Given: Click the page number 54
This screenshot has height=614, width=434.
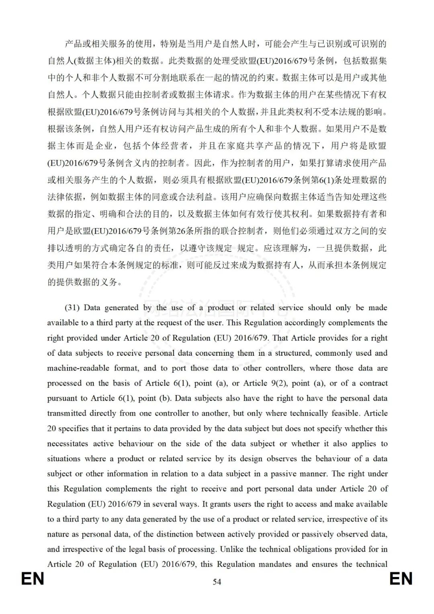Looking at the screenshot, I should (217, 581).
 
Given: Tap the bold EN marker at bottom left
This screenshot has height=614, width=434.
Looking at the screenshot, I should (33, 579).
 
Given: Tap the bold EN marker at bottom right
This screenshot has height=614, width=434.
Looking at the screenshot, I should (401, 579).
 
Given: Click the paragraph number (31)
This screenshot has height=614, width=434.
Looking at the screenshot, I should (72, 308).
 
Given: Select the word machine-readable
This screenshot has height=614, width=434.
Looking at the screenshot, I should (78, 368).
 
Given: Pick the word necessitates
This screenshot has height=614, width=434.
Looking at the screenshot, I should (68, 444).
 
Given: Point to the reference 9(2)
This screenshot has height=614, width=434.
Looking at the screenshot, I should (279, 383).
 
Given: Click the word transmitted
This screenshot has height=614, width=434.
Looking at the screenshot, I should (67, 413).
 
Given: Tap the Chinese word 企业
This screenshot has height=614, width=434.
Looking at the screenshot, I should (106, 146).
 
